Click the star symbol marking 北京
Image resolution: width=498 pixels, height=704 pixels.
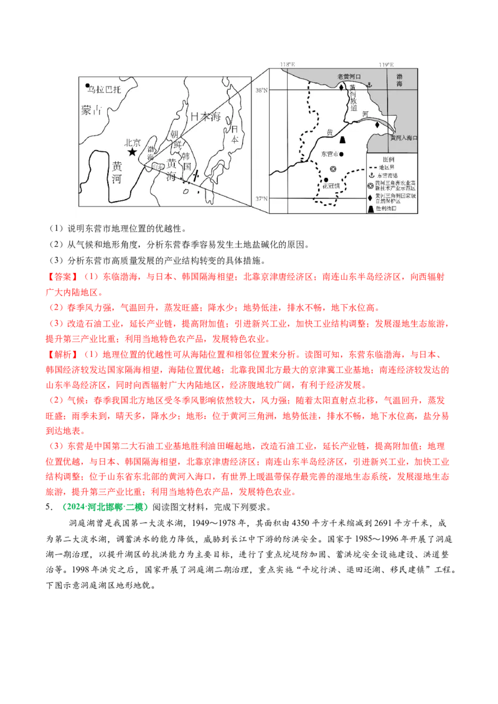click(x=131, y=151)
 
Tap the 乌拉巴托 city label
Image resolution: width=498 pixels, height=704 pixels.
click(x=106, y=90)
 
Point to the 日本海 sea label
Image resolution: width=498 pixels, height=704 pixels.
click(x=206, y=116)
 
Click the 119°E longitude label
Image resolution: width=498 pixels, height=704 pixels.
click(x=386, y=65)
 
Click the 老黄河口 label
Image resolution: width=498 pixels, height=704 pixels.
click(x=349, y=76)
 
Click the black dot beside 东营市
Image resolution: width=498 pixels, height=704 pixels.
click(x=342, y=153)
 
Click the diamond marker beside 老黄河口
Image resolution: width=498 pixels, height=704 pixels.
click(x=341, y=88)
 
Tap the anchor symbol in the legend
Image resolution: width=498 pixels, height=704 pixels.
click(x=372, y=175)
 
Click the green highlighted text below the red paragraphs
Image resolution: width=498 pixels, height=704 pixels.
click(x=105, y=507)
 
